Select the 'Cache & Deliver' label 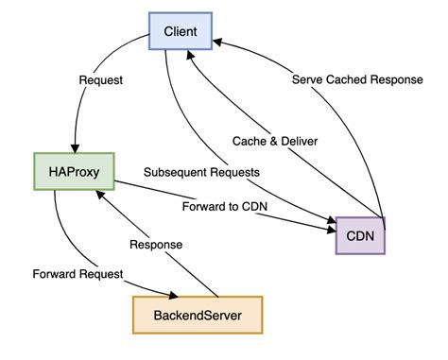(274, 141)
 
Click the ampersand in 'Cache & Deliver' (274, 141)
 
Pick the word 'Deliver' (299, 141)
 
